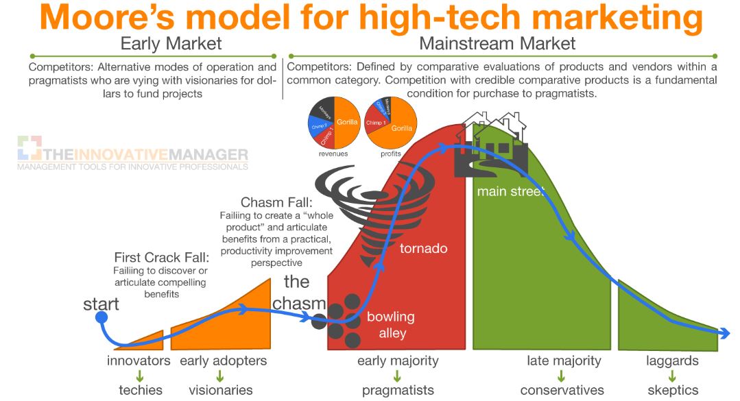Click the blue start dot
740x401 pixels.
click(101, 318)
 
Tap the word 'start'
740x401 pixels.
click(101, 303)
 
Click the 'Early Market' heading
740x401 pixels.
click(171, 44)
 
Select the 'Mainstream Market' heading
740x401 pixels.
click(497, 44)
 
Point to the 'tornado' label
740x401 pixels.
click(423, 247)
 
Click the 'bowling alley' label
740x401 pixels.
click(392, 325)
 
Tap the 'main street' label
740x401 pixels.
click(511, 191)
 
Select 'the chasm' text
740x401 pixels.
click(298, 292)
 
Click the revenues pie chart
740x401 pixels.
click(333, 123)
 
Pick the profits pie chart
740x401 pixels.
click(391, 123)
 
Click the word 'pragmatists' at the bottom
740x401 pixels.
click(398, 390)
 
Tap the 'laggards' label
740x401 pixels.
click(672, 361)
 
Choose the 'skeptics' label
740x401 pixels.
click(672, 390)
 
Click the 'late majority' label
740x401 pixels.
click(564, 361)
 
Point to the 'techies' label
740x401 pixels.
click(140, 390)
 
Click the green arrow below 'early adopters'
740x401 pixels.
click(220, 376)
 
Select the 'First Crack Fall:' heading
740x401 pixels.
click(161, 258)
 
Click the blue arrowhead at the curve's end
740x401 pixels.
click(724, 333)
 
